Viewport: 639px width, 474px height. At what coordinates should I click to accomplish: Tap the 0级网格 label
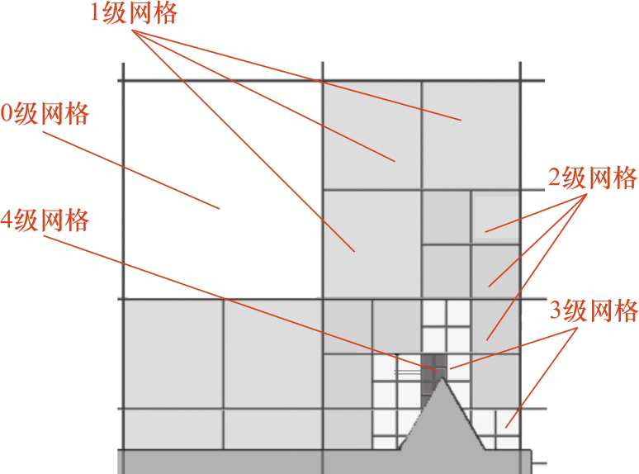click(x=45, y=113)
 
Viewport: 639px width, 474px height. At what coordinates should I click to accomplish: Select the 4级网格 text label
click(x=45, y=220)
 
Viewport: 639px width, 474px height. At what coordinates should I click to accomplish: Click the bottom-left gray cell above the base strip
click(x=173, y=429)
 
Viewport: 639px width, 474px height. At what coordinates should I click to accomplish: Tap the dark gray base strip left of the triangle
click(x=256, y=462)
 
